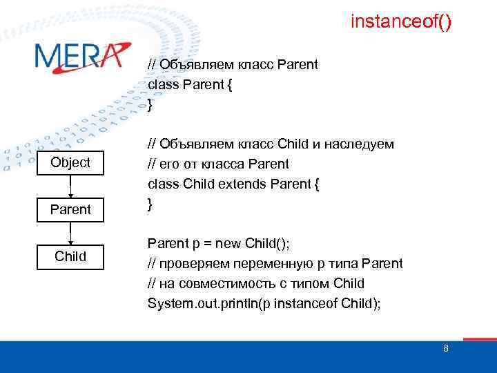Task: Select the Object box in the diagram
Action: [x=70, y=162]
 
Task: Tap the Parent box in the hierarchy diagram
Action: [x=70, y=209]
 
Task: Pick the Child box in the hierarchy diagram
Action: [x=70, y=257]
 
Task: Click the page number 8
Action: [x=445, y=348]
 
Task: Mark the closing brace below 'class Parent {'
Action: [x=150, y=104]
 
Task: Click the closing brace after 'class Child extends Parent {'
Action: [x=150, y=204]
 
